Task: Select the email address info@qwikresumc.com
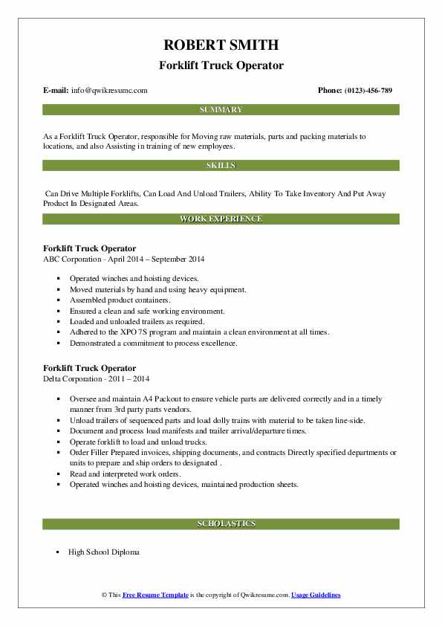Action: pyautogui.click(x=110, y=90)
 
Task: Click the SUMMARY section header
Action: pyautogui.click(x=221, y=109)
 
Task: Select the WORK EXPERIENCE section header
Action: pyautogui.click(x=221, y=219)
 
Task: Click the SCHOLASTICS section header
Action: pyautogui.click(x=221, y=523)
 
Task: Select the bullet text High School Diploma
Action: pyautogui.click(x=103, y=552)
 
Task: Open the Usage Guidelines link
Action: pyautogui.click(x=316, y=595)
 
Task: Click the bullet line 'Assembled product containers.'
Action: pyautogui.click(x=120, y=300)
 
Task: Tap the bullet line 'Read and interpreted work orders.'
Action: pyautogui.click(x=125, y=474)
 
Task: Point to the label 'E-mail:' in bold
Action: pyautogui.click(x=56, y=90)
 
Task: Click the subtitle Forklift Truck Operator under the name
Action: pyautogui.click(x=221, y=65)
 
